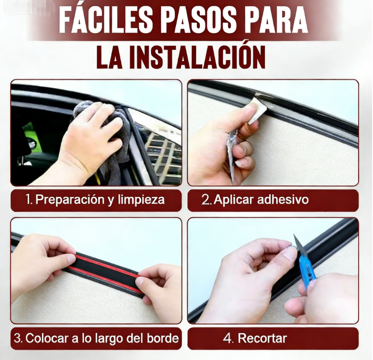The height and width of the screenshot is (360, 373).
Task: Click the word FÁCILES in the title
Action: click(106, 20)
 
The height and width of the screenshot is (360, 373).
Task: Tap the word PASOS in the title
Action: click(199, 21)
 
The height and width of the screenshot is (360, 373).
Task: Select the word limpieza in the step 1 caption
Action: click(141, 199)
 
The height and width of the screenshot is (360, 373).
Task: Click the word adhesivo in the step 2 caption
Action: click(283, 199)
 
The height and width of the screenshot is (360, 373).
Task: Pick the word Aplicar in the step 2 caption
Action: click(234, 199)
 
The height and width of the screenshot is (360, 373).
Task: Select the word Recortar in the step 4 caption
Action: click(262, 338)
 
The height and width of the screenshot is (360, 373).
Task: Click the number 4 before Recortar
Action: click(227, 338)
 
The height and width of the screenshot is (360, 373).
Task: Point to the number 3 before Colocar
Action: click(17, 338)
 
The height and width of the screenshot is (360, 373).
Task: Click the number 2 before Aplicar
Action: click(205, 199)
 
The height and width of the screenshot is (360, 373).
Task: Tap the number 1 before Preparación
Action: click(28, 199)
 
